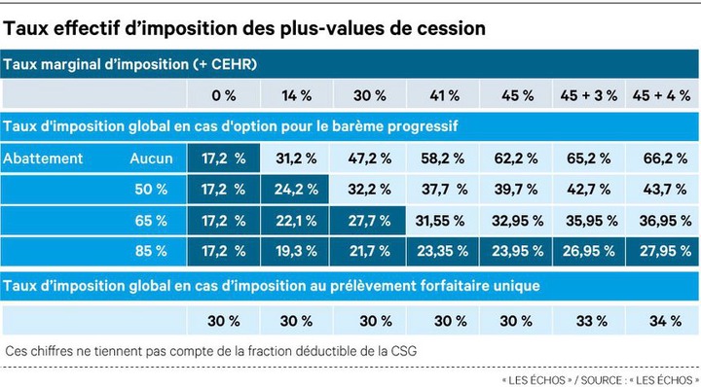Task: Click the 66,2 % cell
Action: click(x=665, y=158)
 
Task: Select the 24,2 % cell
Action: click(x=296, y=190)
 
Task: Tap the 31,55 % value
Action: click(x=440, y=221)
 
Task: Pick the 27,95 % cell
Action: click(x=665, y=251)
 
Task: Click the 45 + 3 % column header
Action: click(x=588, y=95)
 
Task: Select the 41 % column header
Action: click(x=444, y=95)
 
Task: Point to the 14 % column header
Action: click(x=296, y=95)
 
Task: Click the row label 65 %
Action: click(x=151, y=221)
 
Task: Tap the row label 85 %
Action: click(x=151, y=251)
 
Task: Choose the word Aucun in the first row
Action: click(x=151, y=158)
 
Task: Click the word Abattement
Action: click(x=43, y=158)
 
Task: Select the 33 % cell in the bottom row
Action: click(x=592, y=321)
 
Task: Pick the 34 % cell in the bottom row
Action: click(x=665, y=321)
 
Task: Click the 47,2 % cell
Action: click(x=370, y=158)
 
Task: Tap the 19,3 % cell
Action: click(x=296, y=251)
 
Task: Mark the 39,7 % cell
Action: click(x=516, y=190)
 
